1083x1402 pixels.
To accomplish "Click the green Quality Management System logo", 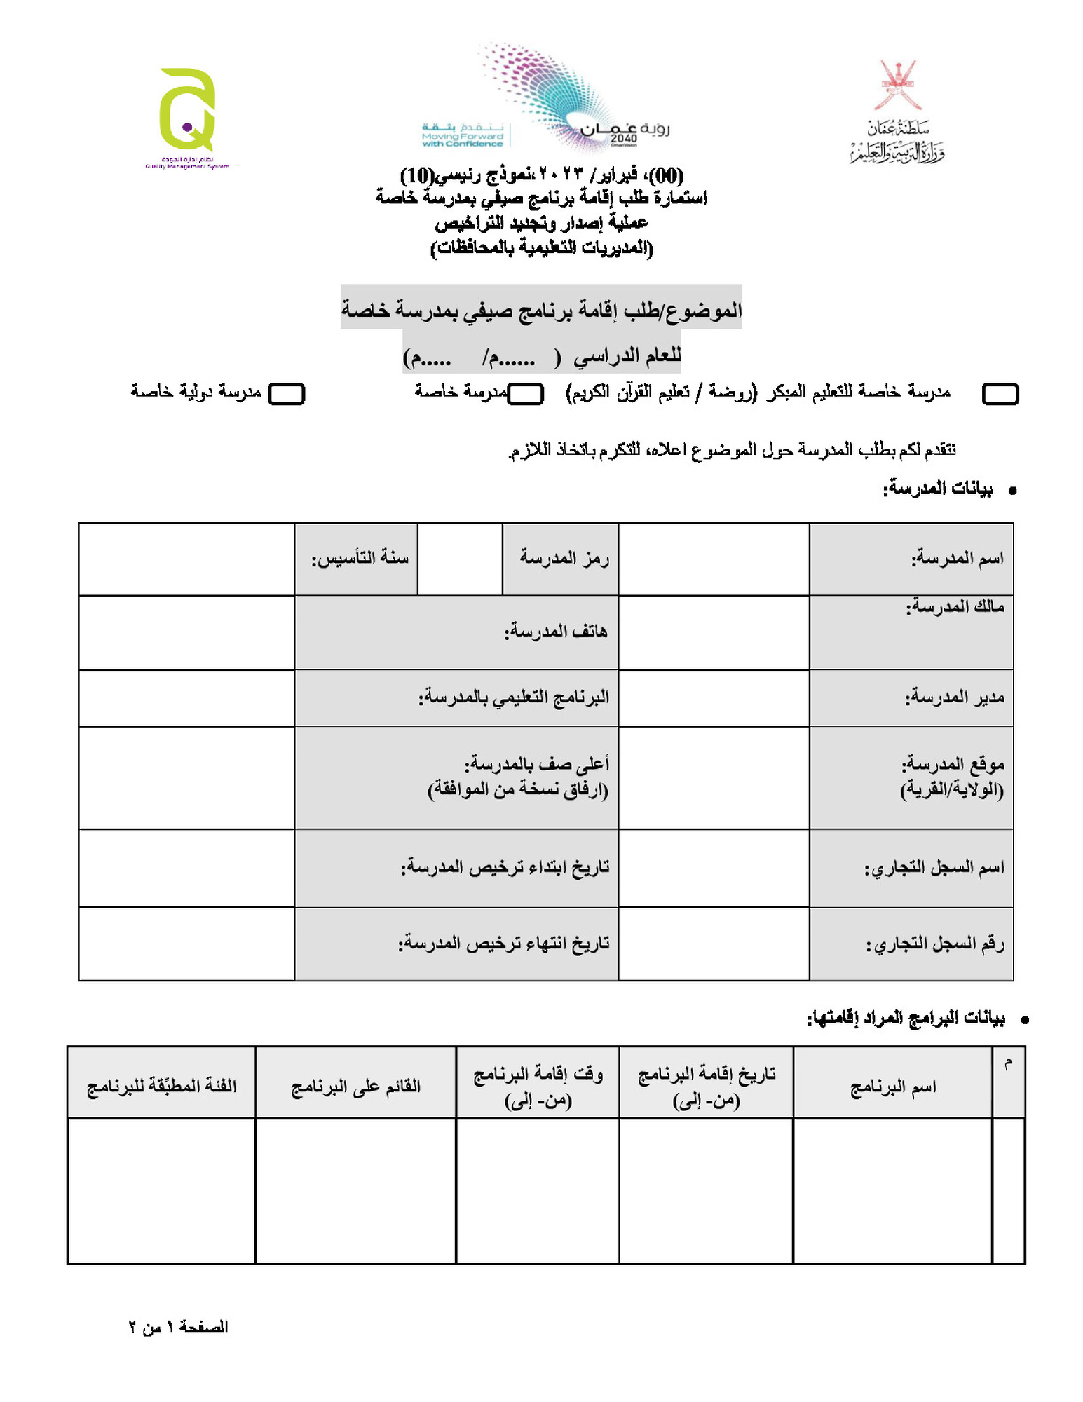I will tap(187, 112).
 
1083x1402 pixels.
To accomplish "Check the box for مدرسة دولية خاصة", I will tap(287, 394).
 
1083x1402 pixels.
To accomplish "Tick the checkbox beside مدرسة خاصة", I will tap(526, 394).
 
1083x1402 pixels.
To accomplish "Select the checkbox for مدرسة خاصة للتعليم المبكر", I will tap(1000, 394).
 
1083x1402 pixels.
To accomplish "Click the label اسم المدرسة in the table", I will tap(957, 559).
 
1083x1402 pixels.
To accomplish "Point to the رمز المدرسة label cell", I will tap(564, 558).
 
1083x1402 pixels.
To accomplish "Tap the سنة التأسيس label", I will tap(360, 558).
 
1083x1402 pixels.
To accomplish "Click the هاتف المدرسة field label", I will tap(556, 632).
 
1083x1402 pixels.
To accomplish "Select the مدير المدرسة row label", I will tap(955, 697).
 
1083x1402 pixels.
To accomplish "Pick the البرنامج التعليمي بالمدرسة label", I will tap(514, 697).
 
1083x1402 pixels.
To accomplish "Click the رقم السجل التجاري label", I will tap(935, 944).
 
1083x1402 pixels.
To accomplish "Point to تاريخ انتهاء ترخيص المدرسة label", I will tap(504, 944).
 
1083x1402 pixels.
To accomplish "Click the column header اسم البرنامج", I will tap(893, 1087).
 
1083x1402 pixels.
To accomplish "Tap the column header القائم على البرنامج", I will tap(356, 1087).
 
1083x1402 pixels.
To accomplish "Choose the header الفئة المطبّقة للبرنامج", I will tap(162, 1087).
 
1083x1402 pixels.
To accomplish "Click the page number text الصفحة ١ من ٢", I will tap(179, 1327).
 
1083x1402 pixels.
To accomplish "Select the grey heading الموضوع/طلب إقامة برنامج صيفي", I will tap(541, 309).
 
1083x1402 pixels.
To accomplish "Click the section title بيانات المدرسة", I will tap(938, 489).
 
